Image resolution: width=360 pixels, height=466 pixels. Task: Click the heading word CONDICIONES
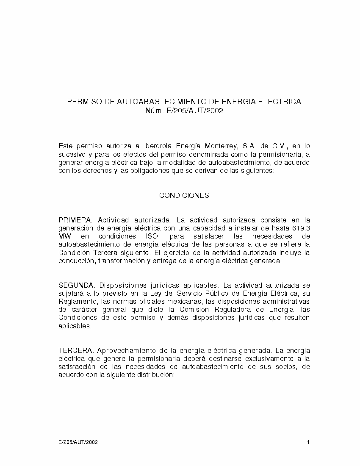click(x=184, y=196)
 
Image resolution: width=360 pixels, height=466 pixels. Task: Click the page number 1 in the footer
click(x=308, y=442)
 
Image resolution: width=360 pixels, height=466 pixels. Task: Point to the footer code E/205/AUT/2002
click(x=78, y=442)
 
